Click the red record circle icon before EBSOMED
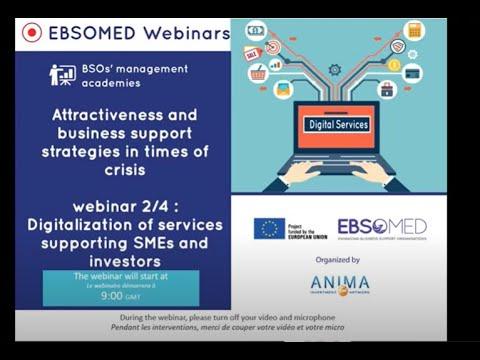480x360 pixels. (31, 33)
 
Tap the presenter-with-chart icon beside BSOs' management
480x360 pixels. (62, 74)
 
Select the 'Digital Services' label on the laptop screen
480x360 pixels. (336, 125)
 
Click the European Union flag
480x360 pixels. (269, 228)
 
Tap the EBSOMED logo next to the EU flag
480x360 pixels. (382, 227)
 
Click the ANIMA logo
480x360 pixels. (339, 285)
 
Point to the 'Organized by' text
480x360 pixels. (336, 259)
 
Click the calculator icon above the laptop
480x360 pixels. (414, 31)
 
